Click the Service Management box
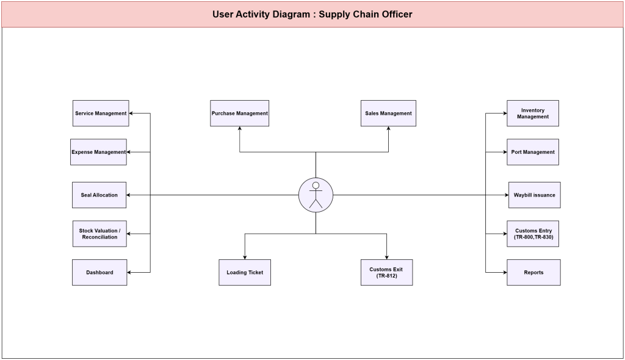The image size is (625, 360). pos(101,113)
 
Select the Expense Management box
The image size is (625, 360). pos(98,152)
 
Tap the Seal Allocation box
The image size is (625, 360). pos(99,195)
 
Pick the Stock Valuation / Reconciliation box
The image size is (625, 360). pos(99,234)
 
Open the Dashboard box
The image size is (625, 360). pos(99,272)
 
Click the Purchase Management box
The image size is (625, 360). pos(239,113)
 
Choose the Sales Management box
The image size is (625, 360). pos(388,113)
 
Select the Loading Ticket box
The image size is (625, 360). pos(245,272)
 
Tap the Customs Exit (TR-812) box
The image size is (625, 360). pos(386,272)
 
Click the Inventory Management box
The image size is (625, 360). pos(533,113)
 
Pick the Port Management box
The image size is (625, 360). pos(533,152)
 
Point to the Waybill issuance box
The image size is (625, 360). pos(535,195)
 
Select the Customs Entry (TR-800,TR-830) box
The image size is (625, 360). pos(533,234)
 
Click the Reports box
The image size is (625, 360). pos(533,272)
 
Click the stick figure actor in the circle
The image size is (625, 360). pos(316,195)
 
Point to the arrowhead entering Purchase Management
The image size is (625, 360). pos(239,128)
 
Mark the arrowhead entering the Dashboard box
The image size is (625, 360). pos(129,272)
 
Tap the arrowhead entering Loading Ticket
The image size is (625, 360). pos(245,257)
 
